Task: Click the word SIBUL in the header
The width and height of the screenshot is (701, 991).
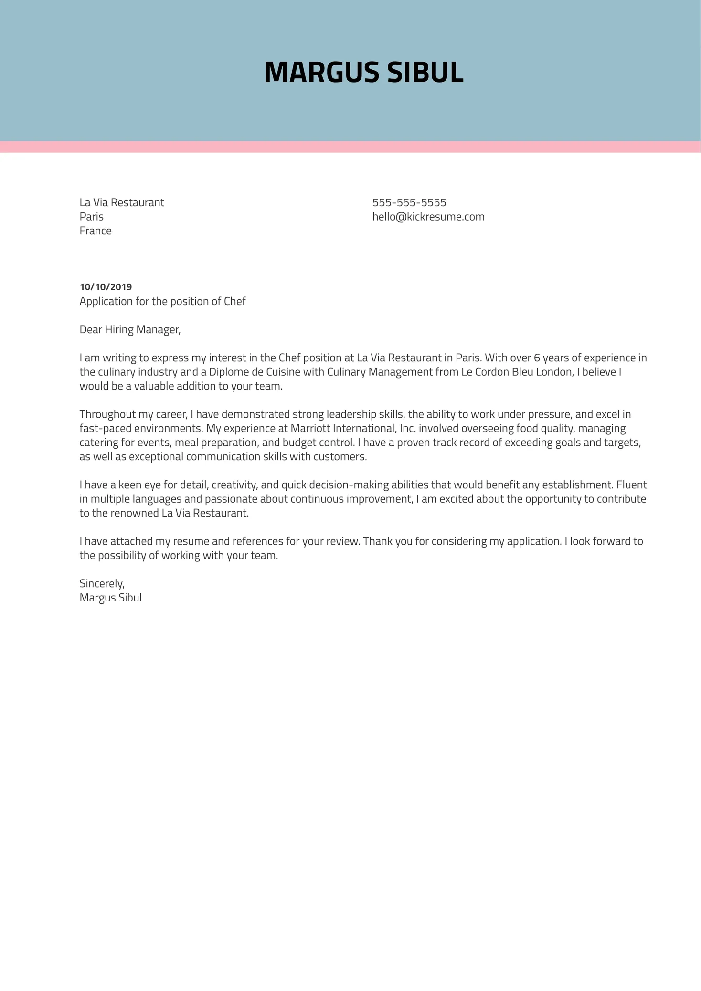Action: point(425,73)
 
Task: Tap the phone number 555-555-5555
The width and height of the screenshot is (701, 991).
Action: point(409,202)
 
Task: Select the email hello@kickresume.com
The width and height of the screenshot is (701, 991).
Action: point(428,217)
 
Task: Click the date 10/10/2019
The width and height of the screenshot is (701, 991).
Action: point(106,287)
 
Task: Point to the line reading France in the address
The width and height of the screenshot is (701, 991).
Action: point(96,231)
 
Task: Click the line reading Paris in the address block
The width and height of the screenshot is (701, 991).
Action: point(91,217)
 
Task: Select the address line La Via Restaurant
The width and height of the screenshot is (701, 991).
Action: point(122,202)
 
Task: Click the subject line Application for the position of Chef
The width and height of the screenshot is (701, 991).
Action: point(162,301)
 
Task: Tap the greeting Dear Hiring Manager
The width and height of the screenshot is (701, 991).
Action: point(130,329)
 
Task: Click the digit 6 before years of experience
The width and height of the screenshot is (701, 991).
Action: point(537,358)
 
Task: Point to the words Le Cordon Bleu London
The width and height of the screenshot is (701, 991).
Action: point(516,372)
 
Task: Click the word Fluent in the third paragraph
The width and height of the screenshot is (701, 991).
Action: point(631,485)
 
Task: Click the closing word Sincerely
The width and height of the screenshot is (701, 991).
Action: point(102,583)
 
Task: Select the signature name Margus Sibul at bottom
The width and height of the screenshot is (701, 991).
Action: point(110,598)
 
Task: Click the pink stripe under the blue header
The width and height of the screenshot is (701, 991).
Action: point(350,147)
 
